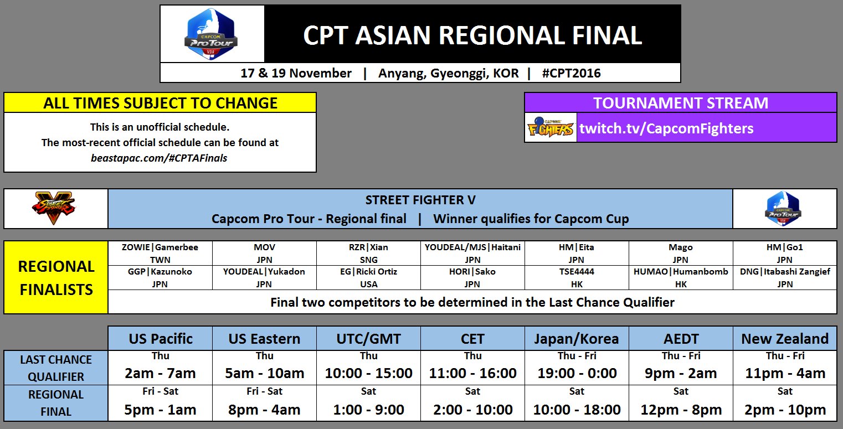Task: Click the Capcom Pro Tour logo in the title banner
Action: tap(211, 34)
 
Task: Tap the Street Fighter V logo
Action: tap(55, 209)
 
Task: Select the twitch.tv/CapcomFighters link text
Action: tap(666, 128)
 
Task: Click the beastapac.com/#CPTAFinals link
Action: tap(160, 158)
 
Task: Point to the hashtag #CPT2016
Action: tap(572, 73)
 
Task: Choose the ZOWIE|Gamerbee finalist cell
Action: tap(160, 254)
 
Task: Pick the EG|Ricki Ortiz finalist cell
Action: tap(368, 278)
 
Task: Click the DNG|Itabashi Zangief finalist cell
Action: tap(784, 278)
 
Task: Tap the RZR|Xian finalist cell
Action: tap(368, 254)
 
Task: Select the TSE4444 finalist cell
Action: tap(577, 278)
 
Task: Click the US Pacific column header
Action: tap(161, 338)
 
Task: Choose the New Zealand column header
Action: tap(785, 338)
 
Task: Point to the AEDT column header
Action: tap(681, 338)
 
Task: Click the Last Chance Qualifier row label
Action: tap(56, 368)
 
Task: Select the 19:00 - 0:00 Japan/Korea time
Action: tap(577, 373)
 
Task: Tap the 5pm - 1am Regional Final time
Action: tap(161, 410)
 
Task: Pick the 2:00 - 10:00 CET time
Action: tap(472, 410)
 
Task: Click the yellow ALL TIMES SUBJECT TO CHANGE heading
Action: tap(160, 103)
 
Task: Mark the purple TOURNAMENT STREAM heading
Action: tap(680, 103)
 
